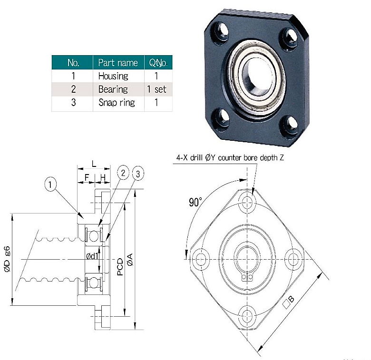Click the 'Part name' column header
pyautogui.click(x=118, y=63)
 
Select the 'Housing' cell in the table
pyautogui.click(x=113, y=76)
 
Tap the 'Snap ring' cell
pyautogui.click(x=117, y=102)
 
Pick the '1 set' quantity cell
pyautogui.click(x=156, y=89)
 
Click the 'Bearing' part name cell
pyautogui.click(x=113, y=89)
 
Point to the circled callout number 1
pyautogui.click(x=50, y=184)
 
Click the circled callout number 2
pyautogui.click(x=123, y=173)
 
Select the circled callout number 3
pyautogui.click(x=138, y=174)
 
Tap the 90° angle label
pyautogui.click(x=195, y=202)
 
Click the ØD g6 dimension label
pyautogui.click(x=7, y=259)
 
